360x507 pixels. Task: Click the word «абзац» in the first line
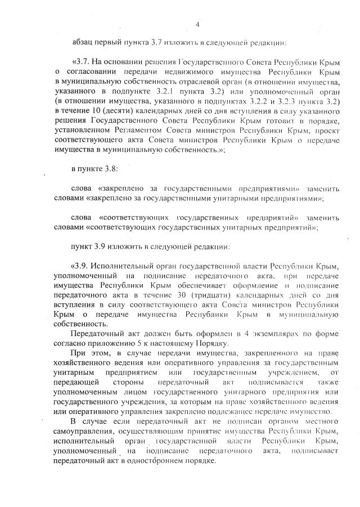click(83, 42)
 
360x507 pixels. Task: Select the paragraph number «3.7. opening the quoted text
click(82, 61)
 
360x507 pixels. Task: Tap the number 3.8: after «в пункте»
click(110, 169)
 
